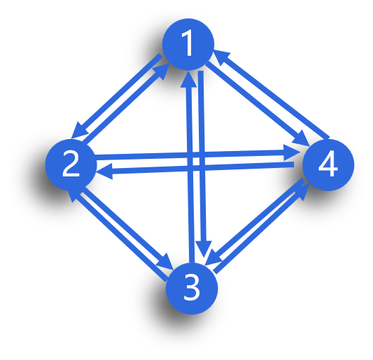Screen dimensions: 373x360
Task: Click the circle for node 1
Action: pyautogui.click(x=188, y=44)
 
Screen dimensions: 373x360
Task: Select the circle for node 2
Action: pyautogui.click(x=71, y=164)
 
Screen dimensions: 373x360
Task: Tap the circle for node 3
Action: pyautogui.click(x=192, y=289)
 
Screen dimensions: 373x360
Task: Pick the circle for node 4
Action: pyautogui.click(x=329, y=165)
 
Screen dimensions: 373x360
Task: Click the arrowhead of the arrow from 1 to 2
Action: pyautogui.click(x=79, y=132)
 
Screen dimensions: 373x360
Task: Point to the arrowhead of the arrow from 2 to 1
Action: pyautogui.click(x=161, y=71)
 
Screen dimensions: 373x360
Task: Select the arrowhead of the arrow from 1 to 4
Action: pyautogui.click(x=301, y=138)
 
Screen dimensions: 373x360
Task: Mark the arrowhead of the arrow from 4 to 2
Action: pyautogui.click(x=105, y=172)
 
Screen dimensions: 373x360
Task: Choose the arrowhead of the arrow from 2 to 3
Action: pyautogui.click(x=164, y=261)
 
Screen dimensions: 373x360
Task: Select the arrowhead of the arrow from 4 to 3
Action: pyautogui.click(x=214, y=257)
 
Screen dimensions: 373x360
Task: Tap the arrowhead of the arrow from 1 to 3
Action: pyautogui.click(x=204, y=249)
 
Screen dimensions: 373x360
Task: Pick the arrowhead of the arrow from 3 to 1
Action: pyautogui.click(x=188, y=79)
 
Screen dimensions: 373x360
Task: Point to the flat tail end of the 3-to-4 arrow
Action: pyautogui.click(x=216, y=271)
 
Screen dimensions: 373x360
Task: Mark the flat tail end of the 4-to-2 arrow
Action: pyautogui.click(x=294, y=164)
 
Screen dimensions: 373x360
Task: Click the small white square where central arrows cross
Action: pyautogui.click(x=196, y=162)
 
